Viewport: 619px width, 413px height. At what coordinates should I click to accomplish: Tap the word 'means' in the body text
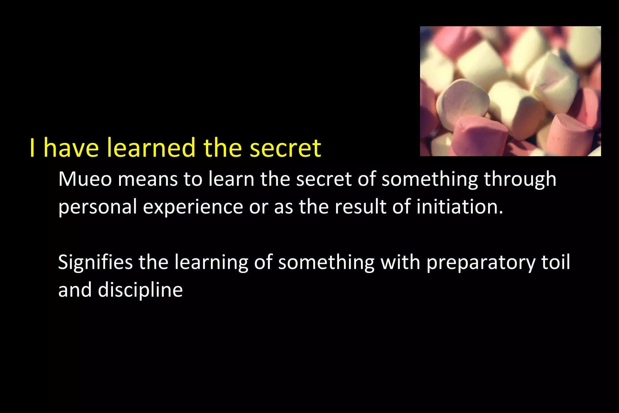[x=147, y=179]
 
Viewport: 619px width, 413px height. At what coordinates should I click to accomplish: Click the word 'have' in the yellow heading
[x=71, y=148]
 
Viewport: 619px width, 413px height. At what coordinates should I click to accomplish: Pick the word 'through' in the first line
[x=520, y=179]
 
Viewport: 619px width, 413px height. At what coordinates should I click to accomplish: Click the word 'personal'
[x=97, y=207]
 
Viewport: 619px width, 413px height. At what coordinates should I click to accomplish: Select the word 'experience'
[x=193, y=207]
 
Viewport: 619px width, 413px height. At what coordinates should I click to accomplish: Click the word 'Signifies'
[x=95, y=262]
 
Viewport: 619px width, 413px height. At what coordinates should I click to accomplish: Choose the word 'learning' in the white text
[x=211, y=262]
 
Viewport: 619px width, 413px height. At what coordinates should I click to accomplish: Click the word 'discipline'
[x=140, y=290]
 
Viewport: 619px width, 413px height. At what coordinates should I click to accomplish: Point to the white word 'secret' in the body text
[x=324, y=179]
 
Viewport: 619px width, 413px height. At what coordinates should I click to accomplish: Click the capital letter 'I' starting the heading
[x=32, y=148]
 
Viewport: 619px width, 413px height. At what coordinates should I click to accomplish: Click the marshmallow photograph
[x=510, y=91]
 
